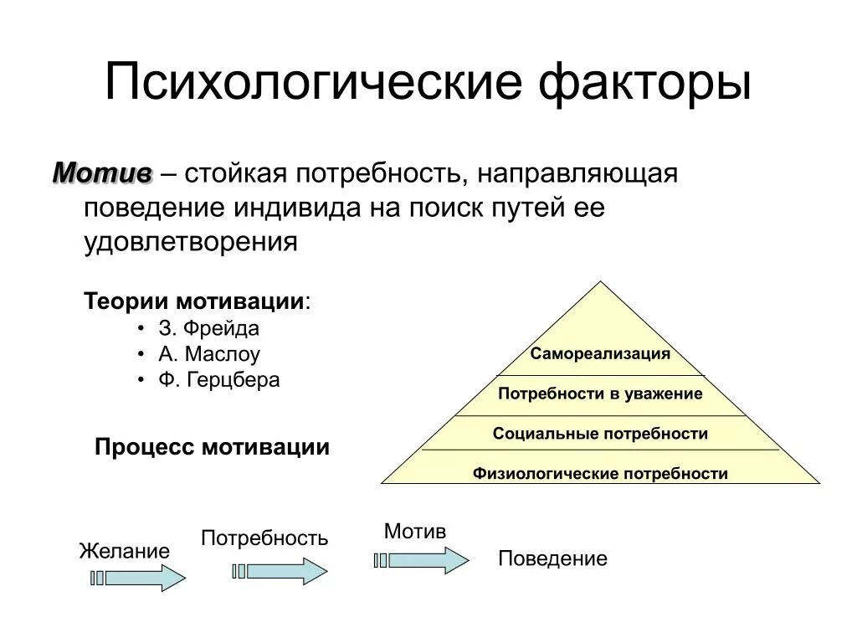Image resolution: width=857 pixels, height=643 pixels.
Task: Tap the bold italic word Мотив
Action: click(102, 173)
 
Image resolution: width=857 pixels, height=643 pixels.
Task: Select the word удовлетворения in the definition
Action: click(191, 242)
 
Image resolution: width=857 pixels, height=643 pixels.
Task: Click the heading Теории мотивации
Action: click(196, 301)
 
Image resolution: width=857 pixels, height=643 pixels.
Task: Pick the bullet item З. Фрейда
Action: click(208, 328)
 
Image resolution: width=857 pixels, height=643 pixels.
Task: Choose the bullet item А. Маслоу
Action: click(209, 353)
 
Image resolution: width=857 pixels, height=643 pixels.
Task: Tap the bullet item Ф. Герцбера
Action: click(219, 379)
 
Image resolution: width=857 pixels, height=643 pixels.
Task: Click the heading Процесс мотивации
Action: click(212, 447)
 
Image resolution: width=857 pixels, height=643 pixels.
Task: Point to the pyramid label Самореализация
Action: click(600, 353)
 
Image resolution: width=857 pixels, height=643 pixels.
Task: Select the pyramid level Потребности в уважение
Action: click(600, 394)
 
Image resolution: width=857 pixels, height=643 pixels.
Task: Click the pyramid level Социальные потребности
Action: click(600, 434)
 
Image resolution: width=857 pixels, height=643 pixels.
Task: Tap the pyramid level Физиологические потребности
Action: click(600, 474)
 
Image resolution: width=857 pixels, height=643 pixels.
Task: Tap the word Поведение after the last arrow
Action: click(552, 558)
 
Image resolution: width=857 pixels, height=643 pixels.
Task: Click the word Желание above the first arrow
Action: click(124, 551)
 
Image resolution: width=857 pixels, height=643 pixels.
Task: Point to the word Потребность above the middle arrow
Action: click(264, 538)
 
